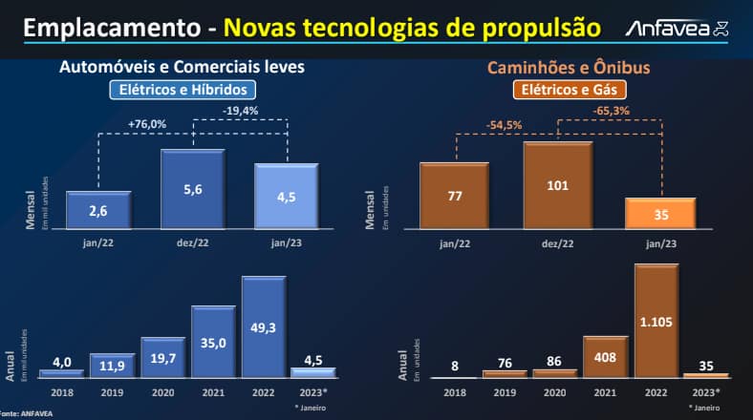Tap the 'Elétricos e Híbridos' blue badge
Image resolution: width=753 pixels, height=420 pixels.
coord(182,91)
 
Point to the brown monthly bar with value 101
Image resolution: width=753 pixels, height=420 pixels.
coord(557,185)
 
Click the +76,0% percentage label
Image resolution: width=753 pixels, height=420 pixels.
coord(147,123)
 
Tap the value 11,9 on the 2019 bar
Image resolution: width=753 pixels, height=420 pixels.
coord(113,365)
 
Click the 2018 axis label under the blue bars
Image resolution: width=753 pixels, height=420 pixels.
coord(61,391)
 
